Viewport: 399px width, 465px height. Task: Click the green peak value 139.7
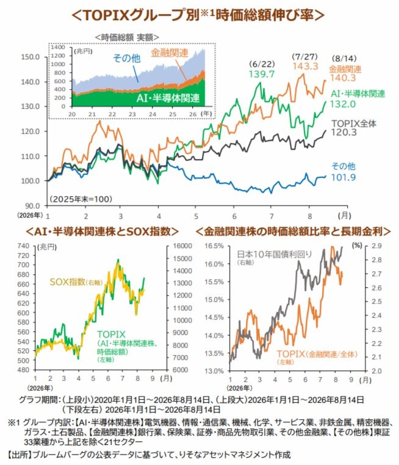tap(262, 74)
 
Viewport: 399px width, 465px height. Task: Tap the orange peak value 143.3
tap(305, 66)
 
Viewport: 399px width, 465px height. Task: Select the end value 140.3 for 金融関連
tap(343, 78)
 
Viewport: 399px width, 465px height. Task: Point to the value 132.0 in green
tap(343, 104)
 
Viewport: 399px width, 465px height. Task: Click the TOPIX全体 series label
tap(354, 123)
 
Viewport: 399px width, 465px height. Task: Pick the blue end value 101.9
tap(343, 177)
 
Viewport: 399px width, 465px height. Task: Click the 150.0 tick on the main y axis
tap(30, 57)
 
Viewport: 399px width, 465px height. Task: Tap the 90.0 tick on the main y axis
tap(32, 205)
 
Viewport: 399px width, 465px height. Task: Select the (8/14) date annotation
tap(344, 59)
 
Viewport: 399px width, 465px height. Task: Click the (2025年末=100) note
tap(81, 199)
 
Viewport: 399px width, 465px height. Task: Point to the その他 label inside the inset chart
tap(127, 58)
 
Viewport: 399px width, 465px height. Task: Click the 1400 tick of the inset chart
tap(58, 47)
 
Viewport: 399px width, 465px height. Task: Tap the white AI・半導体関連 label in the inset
tap(168, 98)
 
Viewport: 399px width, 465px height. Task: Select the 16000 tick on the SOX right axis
tap(182, 246)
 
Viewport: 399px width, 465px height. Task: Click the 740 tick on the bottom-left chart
tap(24, 246)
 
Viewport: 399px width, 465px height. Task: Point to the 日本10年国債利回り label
tap(275, 254)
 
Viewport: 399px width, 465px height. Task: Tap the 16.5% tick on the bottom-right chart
tap(214, 246)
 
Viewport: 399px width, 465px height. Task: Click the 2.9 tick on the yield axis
tap(377, 246)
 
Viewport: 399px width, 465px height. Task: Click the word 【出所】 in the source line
tap(19, 455)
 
